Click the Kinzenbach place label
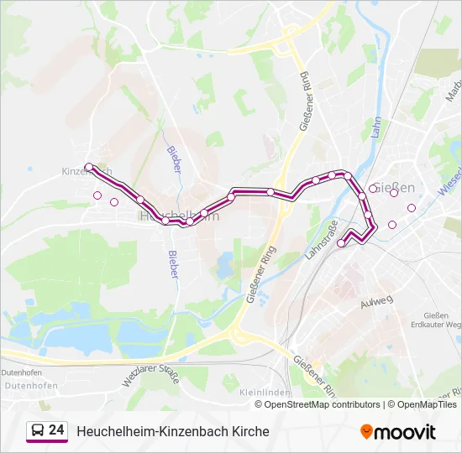86,171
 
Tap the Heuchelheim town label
177,216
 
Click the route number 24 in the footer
56,430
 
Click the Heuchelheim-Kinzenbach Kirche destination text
173,431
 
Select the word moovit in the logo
405,432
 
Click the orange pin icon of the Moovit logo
366,432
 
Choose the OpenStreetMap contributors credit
323,404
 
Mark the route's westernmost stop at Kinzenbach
89,167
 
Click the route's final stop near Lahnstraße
341,243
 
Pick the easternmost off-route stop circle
412,208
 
